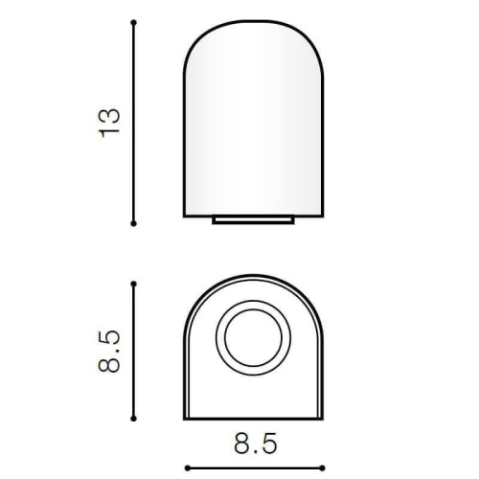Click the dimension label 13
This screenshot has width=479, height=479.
pyautogui.click(x=109, y=124)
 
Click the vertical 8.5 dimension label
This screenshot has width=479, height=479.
pyautogui.click(x=109, y=352)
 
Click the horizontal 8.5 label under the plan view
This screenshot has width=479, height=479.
pyautogui.click(x=255, y=444)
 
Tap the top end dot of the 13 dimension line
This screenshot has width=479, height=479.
pyautogui.click(x=134, y=23)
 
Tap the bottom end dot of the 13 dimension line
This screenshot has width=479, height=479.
pyautogui.click(x=134, y=223)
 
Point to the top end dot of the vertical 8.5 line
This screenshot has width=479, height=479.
pyautogui.click(x=134, y=284)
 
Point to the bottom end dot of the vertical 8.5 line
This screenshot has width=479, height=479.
pyautogui.click(x=134, y=419)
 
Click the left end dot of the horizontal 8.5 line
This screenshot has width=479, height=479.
pyautogui.click(x=188, y=468)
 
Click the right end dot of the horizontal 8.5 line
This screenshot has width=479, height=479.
pyautogui.click(x=322, y=468)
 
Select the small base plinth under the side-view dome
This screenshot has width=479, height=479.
pyautogui.click(x=253, y=220)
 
